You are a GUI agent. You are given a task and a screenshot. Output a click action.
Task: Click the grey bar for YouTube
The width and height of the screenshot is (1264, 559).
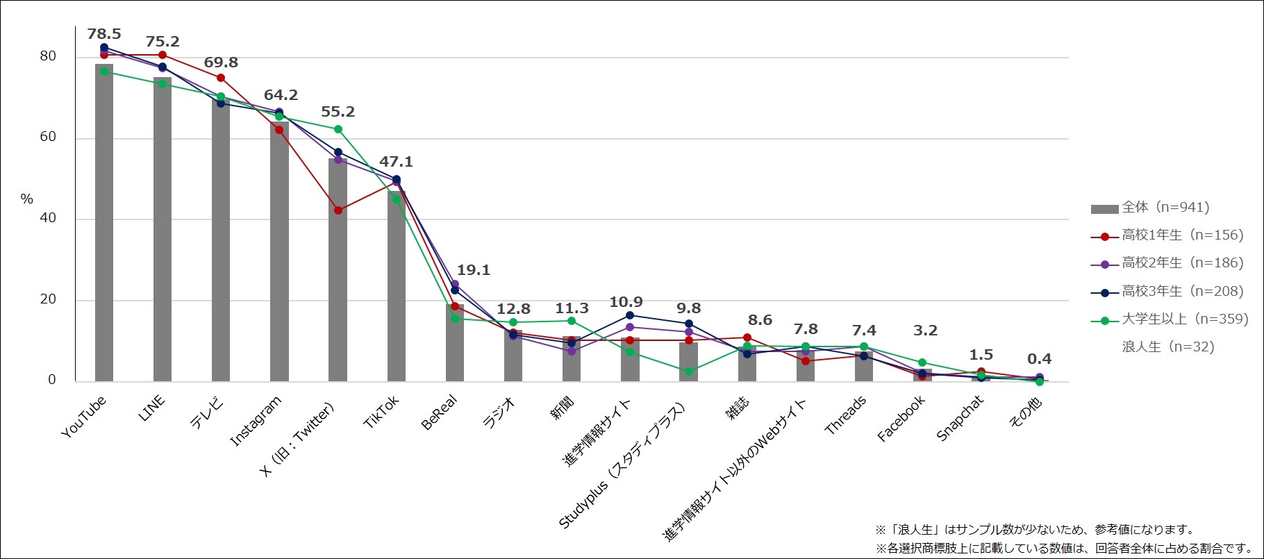(x=104, y=222)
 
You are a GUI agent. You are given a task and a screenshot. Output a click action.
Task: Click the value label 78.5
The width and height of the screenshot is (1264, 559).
(x=104, y=34)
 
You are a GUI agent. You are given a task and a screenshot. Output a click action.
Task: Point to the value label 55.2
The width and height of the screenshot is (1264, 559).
(x=338, y=112)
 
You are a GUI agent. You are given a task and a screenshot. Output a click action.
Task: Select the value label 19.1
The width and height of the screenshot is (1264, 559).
(x=473, y=270)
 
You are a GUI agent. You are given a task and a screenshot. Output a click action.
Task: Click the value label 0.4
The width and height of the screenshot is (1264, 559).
(x=1039, y=359)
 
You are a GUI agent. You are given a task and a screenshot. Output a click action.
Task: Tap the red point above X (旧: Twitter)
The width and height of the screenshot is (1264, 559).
(x=338, y=210)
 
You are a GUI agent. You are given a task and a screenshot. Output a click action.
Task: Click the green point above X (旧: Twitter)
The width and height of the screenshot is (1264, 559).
(x=338, y=129)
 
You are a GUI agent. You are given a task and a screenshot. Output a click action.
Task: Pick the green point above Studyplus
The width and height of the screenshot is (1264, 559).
(x=688, y=372)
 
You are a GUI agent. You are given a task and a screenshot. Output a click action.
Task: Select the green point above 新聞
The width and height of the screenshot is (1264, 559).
(x=572, y=321)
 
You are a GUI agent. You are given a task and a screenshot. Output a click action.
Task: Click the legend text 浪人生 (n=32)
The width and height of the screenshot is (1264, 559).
(x=1167, y=347)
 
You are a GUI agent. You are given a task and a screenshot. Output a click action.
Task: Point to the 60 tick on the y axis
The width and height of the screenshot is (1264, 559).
(x=48, y=137)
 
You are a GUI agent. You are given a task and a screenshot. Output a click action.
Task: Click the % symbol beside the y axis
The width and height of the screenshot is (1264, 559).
(x=26, y=199)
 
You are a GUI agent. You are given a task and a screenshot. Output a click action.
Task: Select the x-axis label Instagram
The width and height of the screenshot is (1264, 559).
(x=256, y=421)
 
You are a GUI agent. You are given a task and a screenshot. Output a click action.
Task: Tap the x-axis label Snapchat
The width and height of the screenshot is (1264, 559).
(x=961, y=418)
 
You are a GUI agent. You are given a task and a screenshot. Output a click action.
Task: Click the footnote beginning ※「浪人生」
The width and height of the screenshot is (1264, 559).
(x=1034, y=530)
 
